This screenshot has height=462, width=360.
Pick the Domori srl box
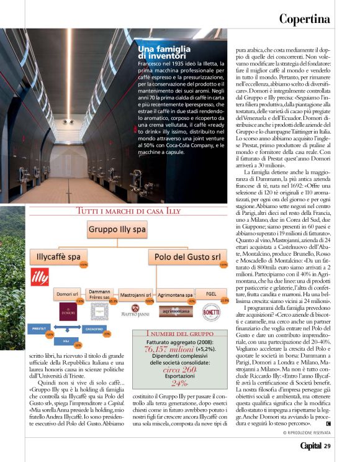point(66,292)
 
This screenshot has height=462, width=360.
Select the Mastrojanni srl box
point(136,292)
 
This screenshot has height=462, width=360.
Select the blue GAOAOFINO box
point(91,326)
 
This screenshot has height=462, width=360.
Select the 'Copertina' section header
point(304,18)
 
